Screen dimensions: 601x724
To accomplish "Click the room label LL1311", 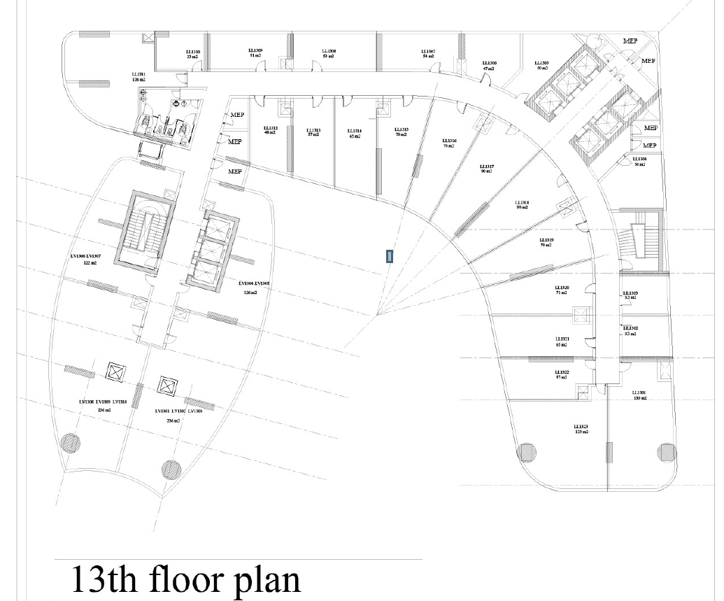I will (x=139, y=73).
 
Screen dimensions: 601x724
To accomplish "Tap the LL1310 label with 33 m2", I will (x=193, y=52).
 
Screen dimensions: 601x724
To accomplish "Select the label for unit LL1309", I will (x=255, y=51).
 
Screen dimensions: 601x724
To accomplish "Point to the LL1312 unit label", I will (x=271, y=129).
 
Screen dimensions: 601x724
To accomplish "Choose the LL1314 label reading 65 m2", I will (x=355, y=132).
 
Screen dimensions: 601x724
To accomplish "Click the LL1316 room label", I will (x=449, y=141).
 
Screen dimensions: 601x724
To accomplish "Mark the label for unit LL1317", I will (x=487, y=167).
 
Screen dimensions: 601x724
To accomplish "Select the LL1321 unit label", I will (x=562, y=339).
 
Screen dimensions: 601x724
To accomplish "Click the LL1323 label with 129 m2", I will (x=581, y=427).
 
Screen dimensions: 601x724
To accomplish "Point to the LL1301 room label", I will (x=639, y=393).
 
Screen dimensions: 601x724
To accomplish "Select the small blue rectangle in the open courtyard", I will (x=388, y=256).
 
